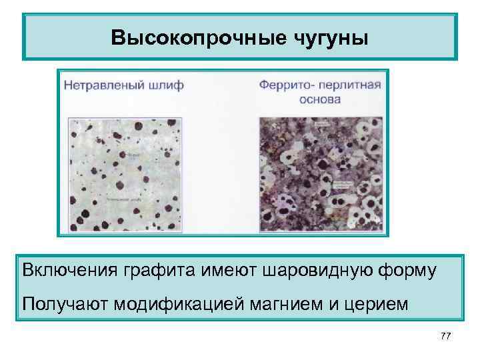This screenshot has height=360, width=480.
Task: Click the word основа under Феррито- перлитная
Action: [321, 100]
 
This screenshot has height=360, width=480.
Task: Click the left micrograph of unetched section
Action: [124, 174]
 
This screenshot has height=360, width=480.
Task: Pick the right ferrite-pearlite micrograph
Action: [320, 174]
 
